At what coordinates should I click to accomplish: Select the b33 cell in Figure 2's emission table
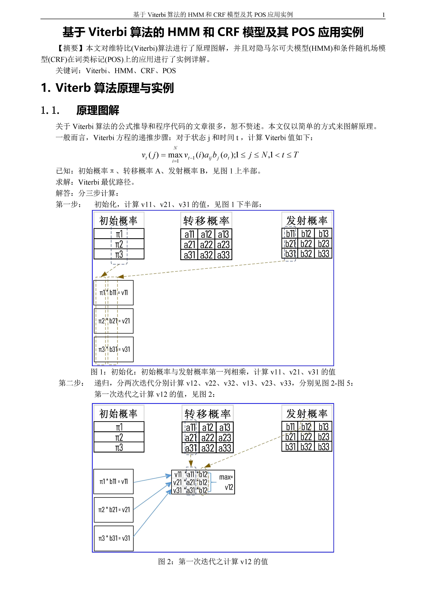pos(323,447)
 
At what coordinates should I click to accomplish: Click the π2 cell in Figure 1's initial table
pos(119,244)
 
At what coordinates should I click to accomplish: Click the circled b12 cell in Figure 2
pos(306,427)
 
